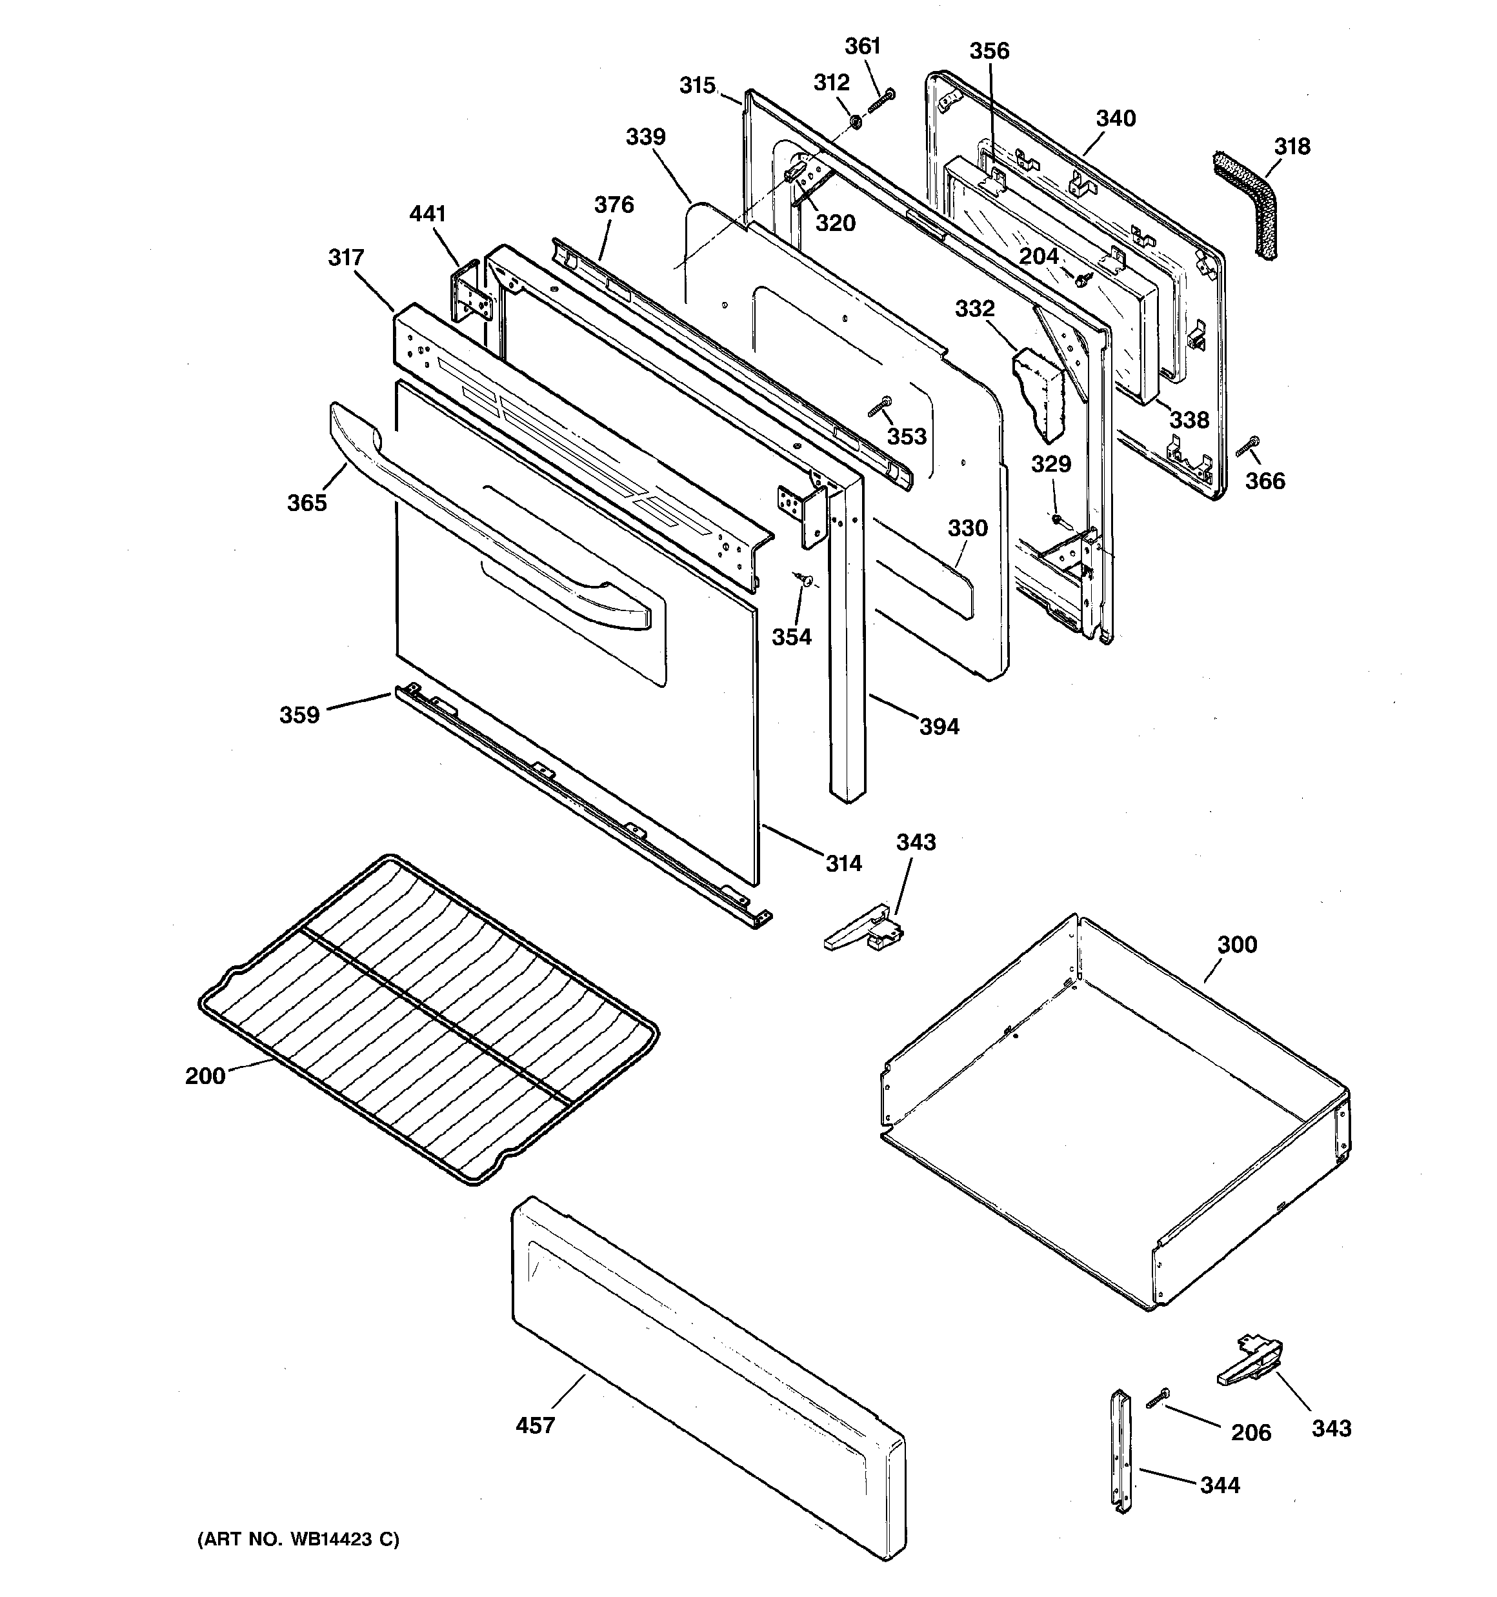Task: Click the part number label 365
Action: pyautogui.click(x=307, y=503)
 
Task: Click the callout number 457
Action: pyautogui.click(x=535, y=1426)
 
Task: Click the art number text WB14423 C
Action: pyautogui.click(x=298, y=1540)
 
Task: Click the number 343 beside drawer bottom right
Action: pyautogui.click(x=1331, y=1429)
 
